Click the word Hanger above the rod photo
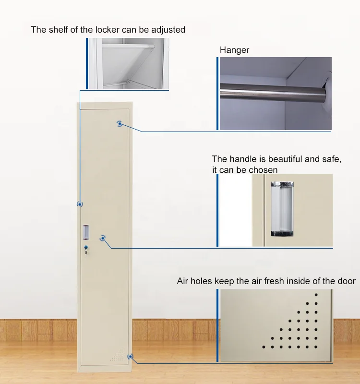tap(234, 50)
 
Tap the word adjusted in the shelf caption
tap(168, 30)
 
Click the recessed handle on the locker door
tap(86, 232)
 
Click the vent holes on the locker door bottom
tap(117, 354)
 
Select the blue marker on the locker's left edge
tap(80, 204)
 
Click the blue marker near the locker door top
tap(120, 124)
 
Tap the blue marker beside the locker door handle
tap(103, 238)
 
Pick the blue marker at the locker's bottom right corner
tap(131, 357)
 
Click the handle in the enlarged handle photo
tap(282, 209)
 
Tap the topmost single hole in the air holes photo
tap(316, 295)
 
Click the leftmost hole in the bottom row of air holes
tap(264, 347)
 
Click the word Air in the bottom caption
tap(182, 281)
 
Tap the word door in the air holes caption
tap(347, 281)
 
